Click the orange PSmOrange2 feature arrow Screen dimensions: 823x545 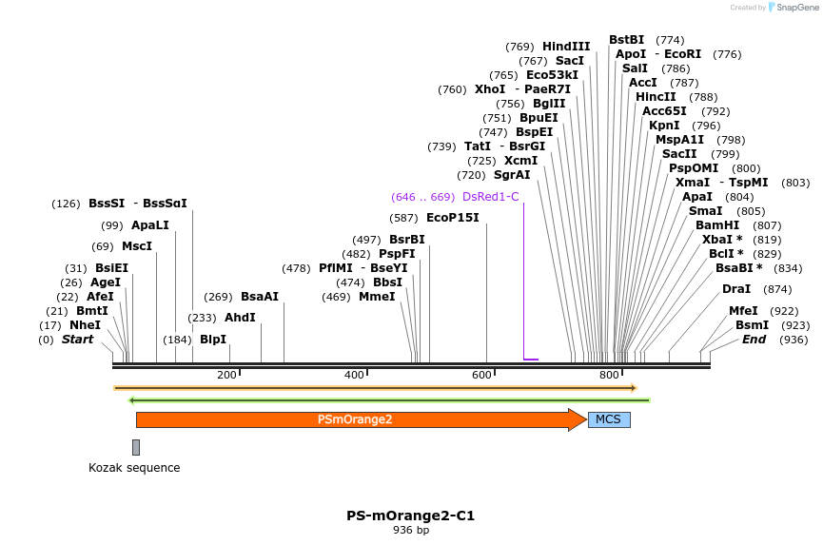[x=362, y=419]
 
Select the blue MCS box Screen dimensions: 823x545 [x=609, y=419]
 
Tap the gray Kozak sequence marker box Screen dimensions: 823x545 [x=136, y=447]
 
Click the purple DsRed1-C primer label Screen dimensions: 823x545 [x=490, y=197]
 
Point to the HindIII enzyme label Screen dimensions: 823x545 [x=566, y=47]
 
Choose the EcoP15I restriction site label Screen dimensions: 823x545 [x=453, y=218]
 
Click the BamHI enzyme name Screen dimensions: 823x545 [x=717, y=225]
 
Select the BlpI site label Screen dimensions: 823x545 [x=213, y=340]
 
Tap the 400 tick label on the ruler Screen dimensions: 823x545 [x=354, y=375]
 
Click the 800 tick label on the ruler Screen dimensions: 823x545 [x=609, y=375]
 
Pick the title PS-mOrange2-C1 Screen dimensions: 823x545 [x=410, y=516]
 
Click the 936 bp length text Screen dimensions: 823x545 [x=411, y=531]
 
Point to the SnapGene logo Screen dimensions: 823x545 [x=794, y=8]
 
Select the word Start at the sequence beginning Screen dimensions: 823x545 [x=77, y=340]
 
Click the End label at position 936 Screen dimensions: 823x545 [x=754, y=340]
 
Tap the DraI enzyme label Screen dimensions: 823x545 [x=736, y=289]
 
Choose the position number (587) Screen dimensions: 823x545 [x=403, y=218]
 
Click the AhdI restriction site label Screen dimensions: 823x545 [x=240, y=318]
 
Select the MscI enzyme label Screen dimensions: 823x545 [x=136, y=246]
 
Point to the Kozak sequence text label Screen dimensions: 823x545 [x=134, y=467]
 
